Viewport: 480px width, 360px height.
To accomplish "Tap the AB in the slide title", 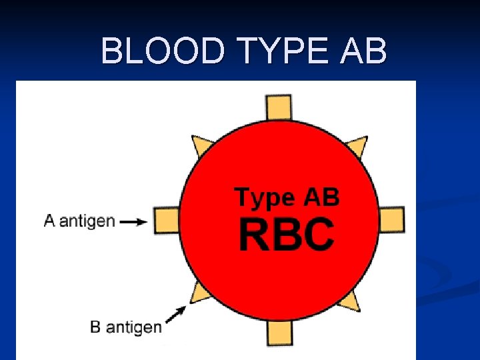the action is pyautogui.click(x=363, y=51).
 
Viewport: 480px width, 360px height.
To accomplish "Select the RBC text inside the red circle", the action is pyautogui.click(x=287, y=235).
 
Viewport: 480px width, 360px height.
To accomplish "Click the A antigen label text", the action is pyautogui.click(x=79, y=221).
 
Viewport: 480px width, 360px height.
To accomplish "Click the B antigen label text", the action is pyautogui.click(x=125, y=327).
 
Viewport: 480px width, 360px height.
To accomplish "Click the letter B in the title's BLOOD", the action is pyautogui.click(x=112, y=51).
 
